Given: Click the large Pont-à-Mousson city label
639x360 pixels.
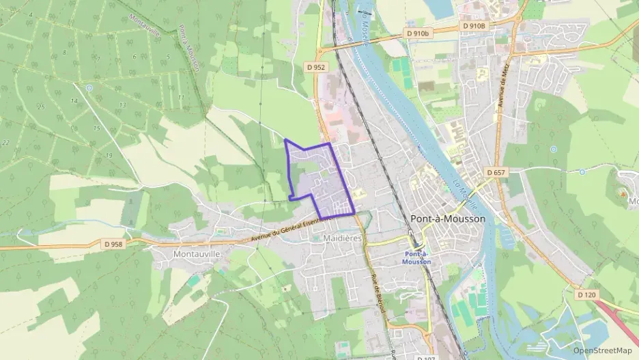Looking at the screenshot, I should click(x=449, y=219).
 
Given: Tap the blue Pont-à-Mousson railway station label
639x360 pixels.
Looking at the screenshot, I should click(x=416, y=258).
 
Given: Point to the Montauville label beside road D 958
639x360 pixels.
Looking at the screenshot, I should click(x=178, y=253).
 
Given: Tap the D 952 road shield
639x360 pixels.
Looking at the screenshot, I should click(x=315, y=67).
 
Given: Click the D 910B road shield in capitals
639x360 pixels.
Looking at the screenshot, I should click(x=473, y=26).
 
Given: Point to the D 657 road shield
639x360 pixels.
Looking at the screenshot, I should click(x=496, y=172).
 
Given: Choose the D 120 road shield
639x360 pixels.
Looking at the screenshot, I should click(x=586, y=294).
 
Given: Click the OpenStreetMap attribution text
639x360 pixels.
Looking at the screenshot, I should click(x=602, y=350).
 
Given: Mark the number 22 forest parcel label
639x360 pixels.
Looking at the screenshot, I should click(x=5, y=142).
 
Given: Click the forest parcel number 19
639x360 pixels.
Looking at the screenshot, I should click(x=109, y=156).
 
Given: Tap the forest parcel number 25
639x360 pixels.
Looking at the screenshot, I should click(x=41, y=107).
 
